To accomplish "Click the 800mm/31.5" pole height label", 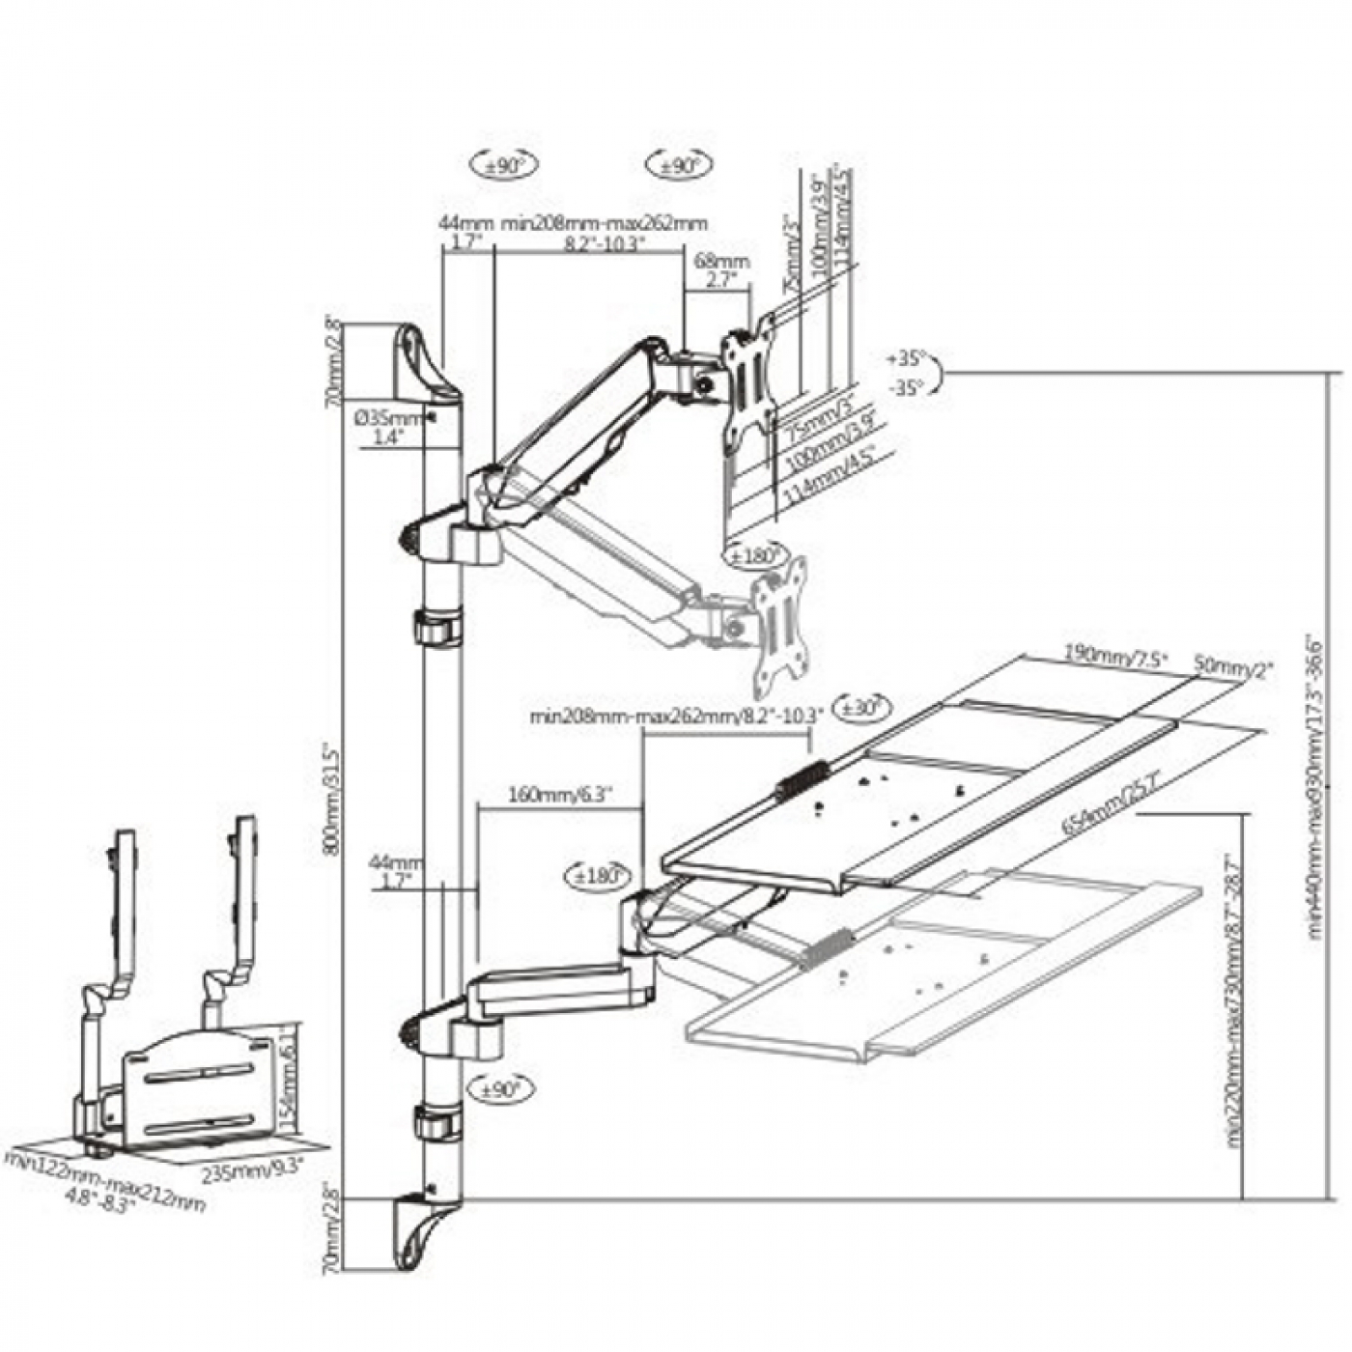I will pyautogui.click(x=334, y=798).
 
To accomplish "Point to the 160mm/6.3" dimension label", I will pyautogui.click(x=558, y=797).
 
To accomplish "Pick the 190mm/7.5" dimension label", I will pyautogui.click(x=1115, y=657).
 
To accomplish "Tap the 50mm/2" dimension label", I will pyautogui.click(x=1233, y=666).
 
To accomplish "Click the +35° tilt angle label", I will pyautogui.click(x=906, y=359).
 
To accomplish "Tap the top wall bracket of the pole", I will pyautogui.click(x=424, y=364).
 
